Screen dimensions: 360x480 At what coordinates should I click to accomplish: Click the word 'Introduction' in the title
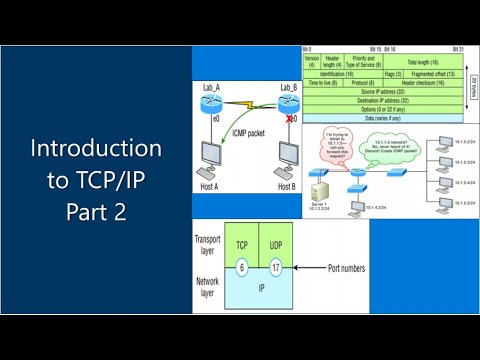coord(96,149)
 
